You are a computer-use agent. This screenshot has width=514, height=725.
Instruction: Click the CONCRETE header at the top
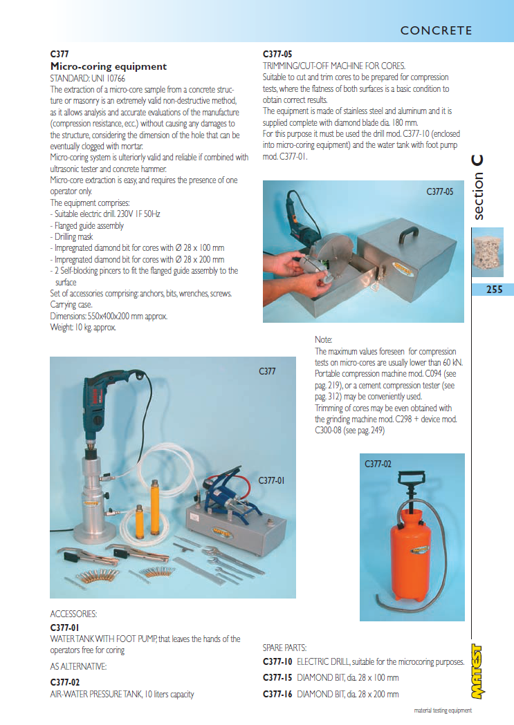click(x=436, y=30)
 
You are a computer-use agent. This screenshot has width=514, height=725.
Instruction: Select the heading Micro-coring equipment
click(x=109, y=66)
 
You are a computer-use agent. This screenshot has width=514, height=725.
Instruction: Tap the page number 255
click(x=494, y=290)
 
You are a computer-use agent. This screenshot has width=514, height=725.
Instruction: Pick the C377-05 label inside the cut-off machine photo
click(x=440, y=191)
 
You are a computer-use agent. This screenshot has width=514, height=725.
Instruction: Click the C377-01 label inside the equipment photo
click(x=272, y=480)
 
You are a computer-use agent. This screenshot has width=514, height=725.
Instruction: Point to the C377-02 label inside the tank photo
click(x=378, y=464)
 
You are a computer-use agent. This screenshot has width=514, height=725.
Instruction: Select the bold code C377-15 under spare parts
click(x=277, y=678)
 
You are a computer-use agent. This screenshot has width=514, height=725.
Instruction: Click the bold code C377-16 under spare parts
click(x=277, y=694)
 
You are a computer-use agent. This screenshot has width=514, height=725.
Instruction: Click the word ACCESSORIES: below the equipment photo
click(x=74, y=614)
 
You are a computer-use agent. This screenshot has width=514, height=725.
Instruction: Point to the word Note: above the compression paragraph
click(x=324, y=339)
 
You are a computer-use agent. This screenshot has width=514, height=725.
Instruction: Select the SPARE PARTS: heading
click(x=284, y=648)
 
